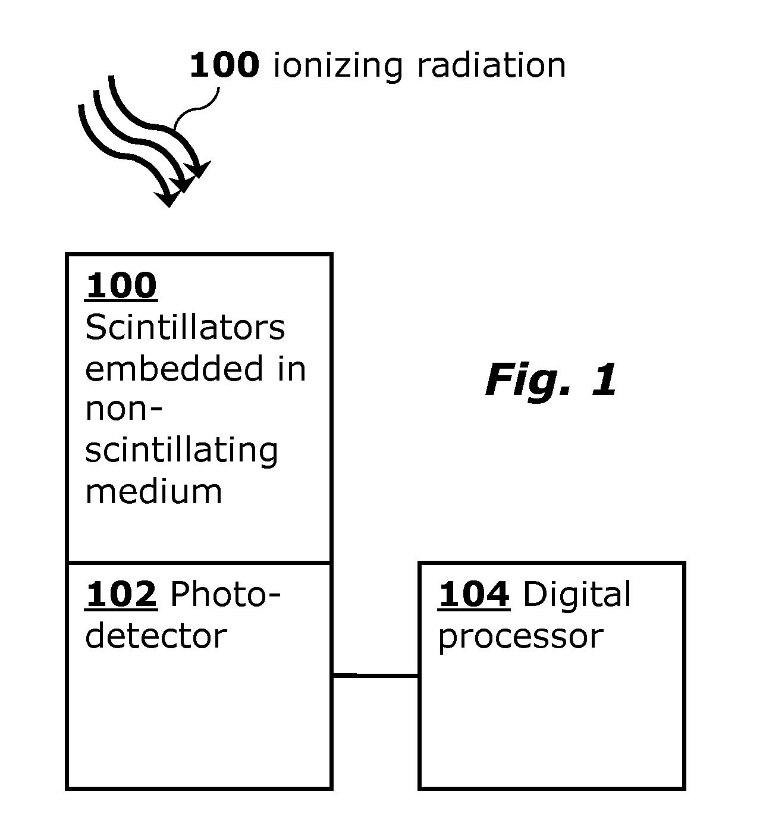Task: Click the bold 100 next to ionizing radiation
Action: [224, 65]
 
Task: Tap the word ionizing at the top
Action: [338, 66]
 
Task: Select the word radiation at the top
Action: [491, 65]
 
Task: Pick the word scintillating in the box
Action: [181, 451]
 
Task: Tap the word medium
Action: [153, 492]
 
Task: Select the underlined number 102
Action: [121, 595]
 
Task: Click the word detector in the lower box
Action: [156, 636]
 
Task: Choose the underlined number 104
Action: [474, 595]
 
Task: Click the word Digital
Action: [577, 595]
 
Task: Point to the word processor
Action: [520, 637]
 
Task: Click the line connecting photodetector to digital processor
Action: [375, 675]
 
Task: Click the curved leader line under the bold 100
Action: [199, 107]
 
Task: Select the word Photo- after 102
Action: [225, 595]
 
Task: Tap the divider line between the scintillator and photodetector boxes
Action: [199, 562]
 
